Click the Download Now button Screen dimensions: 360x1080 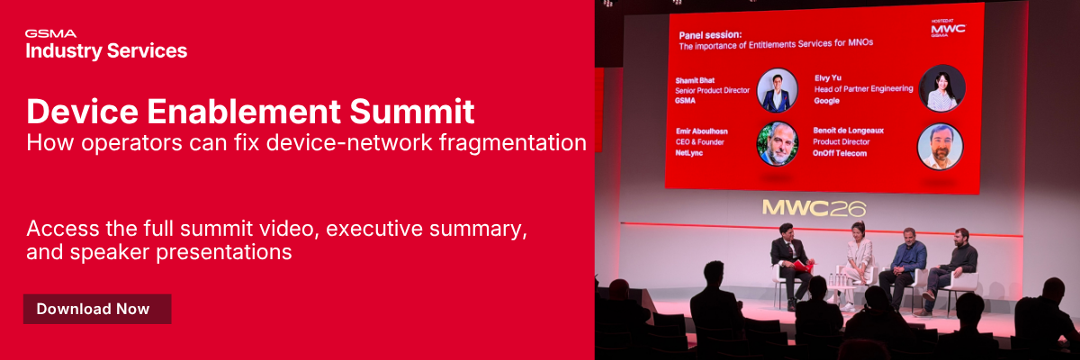coord(97,309)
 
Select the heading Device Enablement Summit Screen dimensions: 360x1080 coord(250,112)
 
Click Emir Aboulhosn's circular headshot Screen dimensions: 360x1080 coord(778,144)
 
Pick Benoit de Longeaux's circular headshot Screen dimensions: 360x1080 coord(940,146)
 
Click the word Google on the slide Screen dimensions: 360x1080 coord(827,101)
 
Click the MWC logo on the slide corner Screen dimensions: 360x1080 coord(948,29)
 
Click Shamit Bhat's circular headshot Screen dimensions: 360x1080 coord(778,89)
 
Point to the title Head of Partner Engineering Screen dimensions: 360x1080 coord(863,89)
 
